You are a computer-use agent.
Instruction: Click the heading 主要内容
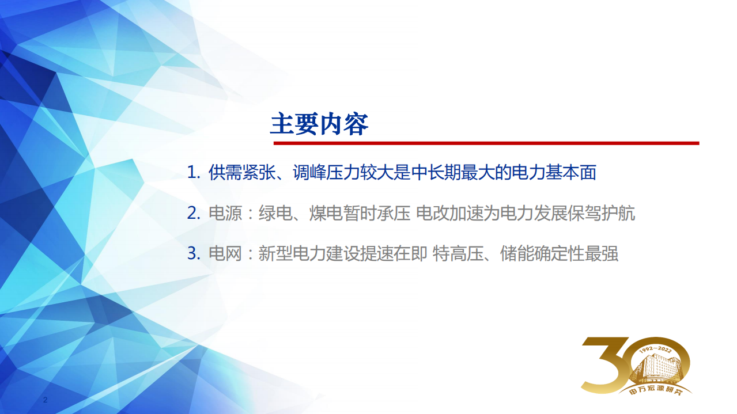coord(319,124)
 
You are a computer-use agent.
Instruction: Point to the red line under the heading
coord(486,143)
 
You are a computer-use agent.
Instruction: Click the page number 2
coord(46,400)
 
